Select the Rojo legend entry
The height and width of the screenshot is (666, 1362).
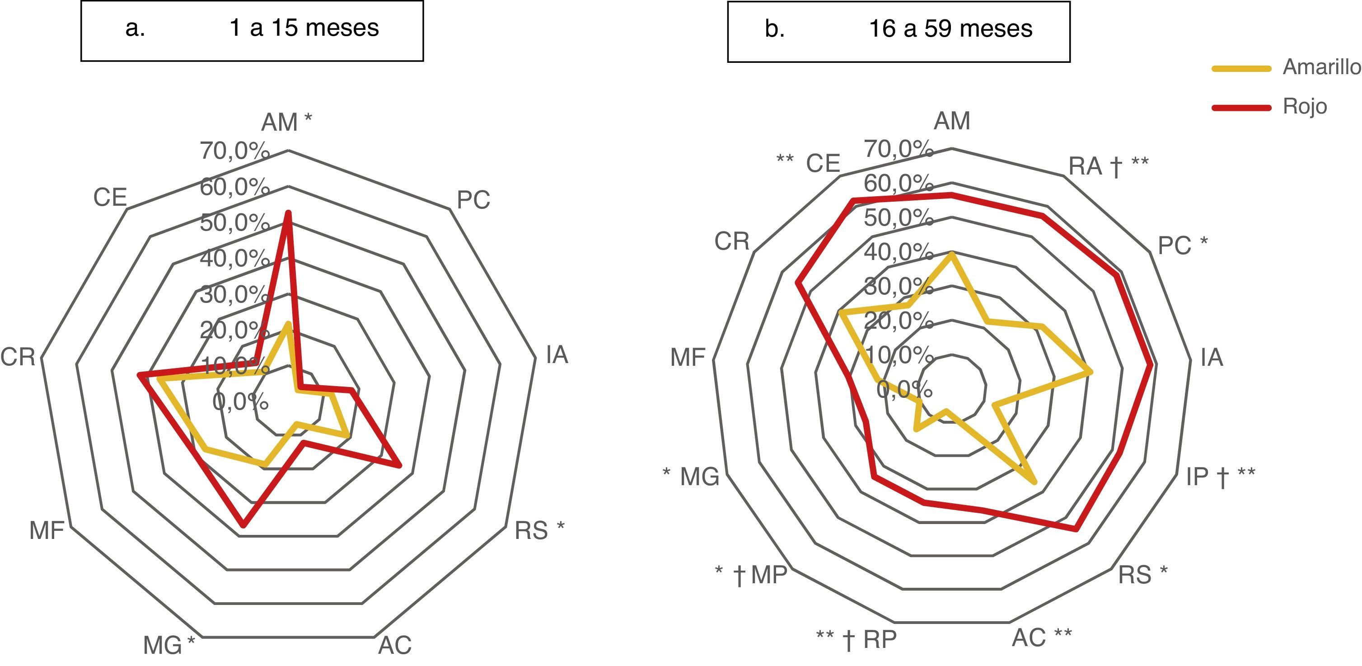1304,106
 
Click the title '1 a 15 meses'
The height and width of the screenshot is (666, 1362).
304,28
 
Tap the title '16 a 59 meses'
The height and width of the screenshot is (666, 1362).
950,28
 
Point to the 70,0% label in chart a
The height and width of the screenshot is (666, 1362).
234,151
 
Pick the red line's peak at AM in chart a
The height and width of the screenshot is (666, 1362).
288,213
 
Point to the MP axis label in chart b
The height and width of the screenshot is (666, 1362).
769,575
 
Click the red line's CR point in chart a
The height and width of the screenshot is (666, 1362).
139,375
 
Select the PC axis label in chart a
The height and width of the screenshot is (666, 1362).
473,200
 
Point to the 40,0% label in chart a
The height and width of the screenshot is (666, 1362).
234,258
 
